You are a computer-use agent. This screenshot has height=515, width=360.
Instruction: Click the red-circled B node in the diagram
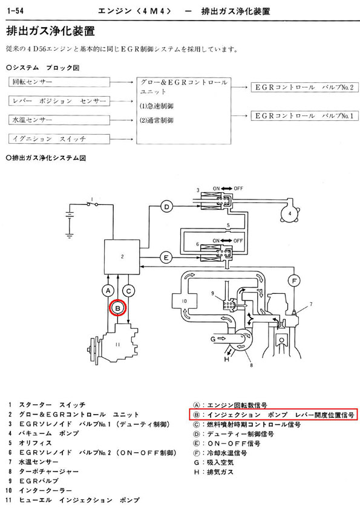(118, 308)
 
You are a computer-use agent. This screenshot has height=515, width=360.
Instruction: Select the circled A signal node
(108, 291)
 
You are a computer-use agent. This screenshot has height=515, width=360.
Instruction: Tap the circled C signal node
(128, 291)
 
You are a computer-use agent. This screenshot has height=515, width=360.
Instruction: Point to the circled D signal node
(166, 207)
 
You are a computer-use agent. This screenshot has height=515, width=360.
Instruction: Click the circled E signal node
(166, 257)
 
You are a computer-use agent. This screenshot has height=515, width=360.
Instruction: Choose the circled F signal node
(294, 281)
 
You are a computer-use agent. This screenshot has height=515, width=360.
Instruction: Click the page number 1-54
(15, 11)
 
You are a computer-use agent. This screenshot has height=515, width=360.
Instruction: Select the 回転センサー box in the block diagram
(59, 82)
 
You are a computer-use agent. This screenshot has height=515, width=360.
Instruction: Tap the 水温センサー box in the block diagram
(59, 120)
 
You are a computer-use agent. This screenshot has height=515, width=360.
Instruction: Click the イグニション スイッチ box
(59, 139)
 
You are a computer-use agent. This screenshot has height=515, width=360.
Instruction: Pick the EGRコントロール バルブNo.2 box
(304, 88)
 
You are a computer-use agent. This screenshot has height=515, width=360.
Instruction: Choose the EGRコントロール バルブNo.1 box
(304, 116)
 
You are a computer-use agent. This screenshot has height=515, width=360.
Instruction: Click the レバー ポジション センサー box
(59, 101)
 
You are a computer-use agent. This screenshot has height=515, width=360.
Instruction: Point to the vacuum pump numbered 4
(290, 213)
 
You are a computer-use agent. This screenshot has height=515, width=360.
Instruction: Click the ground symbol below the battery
(70, 235)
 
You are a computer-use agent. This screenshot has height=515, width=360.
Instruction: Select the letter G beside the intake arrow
(213, 338)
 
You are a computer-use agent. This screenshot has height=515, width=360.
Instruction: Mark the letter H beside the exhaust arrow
(226, 359)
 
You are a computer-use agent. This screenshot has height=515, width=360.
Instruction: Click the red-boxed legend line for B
(273, 415)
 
